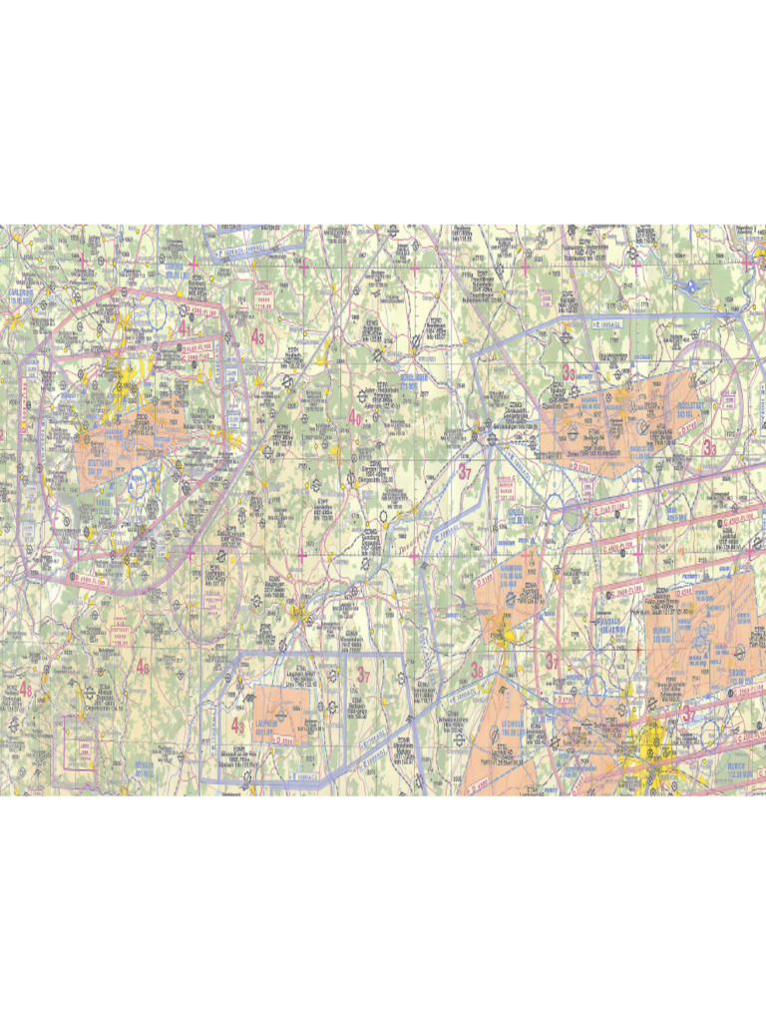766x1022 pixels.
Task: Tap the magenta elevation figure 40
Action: tap(354, 418)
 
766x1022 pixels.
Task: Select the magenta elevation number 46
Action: tap(144, 667)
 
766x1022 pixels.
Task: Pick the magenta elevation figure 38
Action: tap(477, 670)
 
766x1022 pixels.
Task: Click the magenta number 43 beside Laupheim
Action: tap(237, 726)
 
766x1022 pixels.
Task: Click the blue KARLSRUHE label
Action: tap(22, 295)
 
